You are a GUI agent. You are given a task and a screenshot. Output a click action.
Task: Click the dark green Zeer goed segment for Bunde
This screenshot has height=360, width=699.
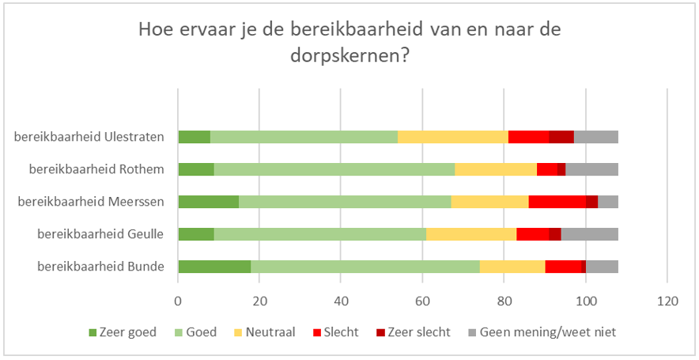tap(214, 267)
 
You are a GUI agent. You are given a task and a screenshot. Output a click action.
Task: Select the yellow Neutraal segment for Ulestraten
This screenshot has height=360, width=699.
tap(452, 137)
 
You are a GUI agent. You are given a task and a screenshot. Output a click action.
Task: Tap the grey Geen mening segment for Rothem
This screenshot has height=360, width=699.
tap(591, 169)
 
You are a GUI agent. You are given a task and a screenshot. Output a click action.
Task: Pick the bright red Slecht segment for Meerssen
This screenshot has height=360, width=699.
tap(557, 202)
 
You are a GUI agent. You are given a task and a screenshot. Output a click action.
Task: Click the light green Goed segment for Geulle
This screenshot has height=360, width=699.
tap(320, 234)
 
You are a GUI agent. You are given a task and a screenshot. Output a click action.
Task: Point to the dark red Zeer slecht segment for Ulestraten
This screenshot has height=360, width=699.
tap(561, 137)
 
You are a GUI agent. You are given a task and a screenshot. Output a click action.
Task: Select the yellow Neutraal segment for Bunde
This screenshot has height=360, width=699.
tap(512, 267)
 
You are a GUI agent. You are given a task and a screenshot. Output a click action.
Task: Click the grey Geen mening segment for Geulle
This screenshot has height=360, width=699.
tap(589, 234)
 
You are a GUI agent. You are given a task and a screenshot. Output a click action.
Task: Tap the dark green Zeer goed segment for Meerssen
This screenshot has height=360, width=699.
tap(208, 202)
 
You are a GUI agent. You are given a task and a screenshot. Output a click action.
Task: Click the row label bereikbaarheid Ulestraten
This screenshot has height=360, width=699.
tap(89, 137)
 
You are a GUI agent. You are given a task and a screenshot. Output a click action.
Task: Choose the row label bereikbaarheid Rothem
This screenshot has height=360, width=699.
tap(96, 169)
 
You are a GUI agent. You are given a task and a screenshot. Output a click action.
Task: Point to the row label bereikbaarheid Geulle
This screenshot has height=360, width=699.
tap(100, 234)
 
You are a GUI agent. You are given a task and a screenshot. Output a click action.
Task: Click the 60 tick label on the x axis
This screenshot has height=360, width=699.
tap(423, 301)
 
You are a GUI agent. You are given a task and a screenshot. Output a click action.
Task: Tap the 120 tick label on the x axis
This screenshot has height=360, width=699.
tap(667, 301)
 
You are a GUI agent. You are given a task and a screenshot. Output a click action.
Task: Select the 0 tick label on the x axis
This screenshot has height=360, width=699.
tap(178, 301)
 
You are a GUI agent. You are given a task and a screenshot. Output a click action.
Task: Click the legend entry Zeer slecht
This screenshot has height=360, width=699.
tap(421, 332)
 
